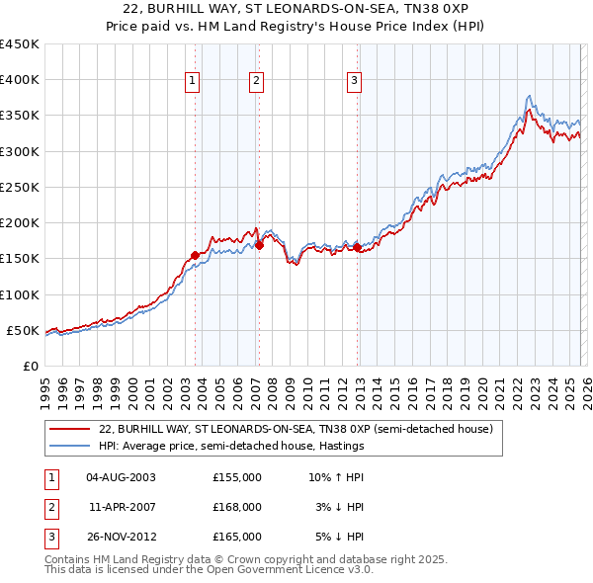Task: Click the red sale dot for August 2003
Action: pos(195,255)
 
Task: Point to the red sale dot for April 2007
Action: pos(259,246)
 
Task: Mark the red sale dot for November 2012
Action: pos(358,248)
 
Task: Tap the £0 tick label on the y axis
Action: pos(30,366)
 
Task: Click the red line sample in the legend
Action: pos(70,430)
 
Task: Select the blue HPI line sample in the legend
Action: pos(70,447)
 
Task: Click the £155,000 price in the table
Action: pos(237,476)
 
